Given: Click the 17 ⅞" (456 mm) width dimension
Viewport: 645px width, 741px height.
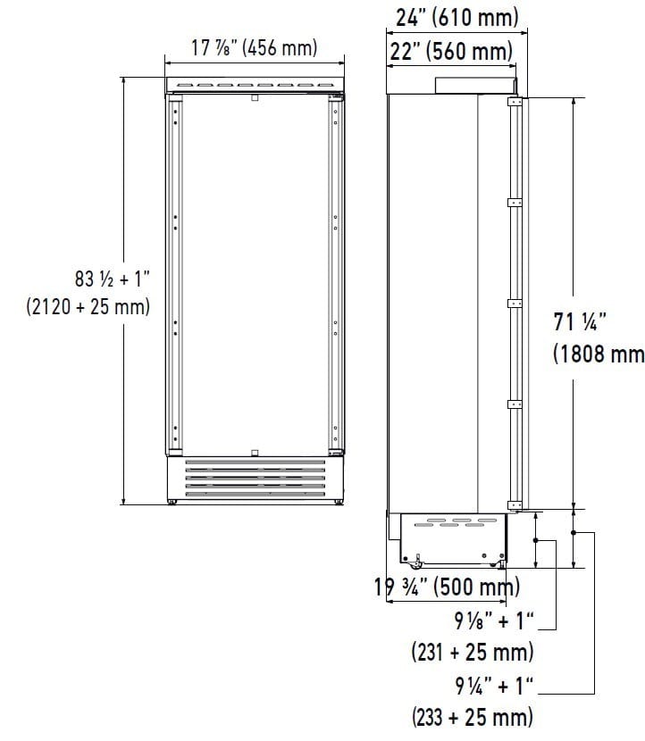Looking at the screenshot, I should pos(255,47).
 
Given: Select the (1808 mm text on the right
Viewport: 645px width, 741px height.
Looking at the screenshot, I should pos(598,354).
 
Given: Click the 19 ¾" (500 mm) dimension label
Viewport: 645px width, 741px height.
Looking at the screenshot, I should pos(448,587).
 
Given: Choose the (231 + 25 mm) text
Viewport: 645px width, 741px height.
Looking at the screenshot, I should pos(473,652).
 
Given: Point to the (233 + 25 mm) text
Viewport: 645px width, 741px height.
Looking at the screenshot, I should pos(473,716).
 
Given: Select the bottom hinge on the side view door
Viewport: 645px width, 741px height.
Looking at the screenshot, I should pos(515,504).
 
